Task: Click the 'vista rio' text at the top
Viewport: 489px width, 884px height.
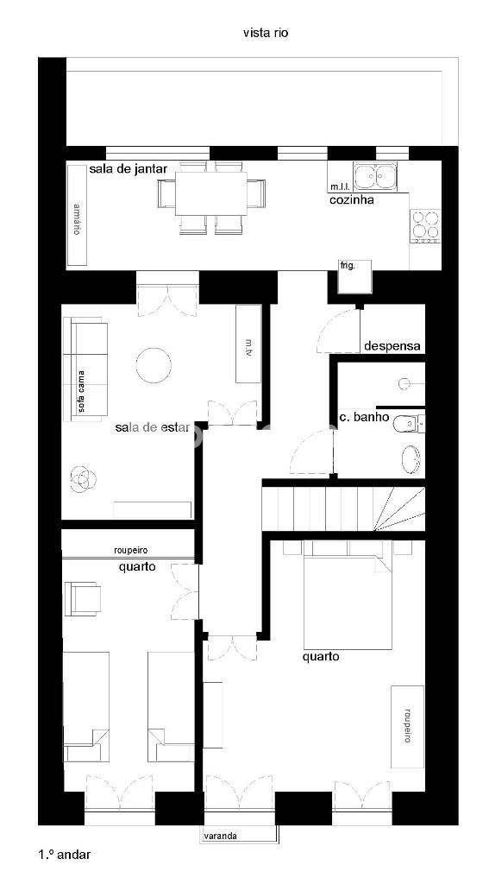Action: click(x=265, y=33)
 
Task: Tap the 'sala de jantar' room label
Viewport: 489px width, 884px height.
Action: click(x=128, y=169)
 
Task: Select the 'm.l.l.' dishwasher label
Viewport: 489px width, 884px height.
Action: click(x=338, y=186)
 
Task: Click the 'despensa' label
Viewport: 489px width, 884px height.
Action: click(x=392, y=345)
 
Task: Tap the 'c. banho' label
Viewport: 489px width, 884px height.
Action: click(x=361, y=418)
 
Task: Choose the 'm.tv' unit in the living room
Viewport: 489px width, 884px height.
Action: click(x=248, y=344)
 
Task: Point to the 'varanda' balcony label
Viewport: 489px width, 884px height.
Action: click(x=220, y=836)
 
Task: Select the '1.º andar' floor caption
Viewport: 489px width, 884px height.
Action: click(x=65, y=855)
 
